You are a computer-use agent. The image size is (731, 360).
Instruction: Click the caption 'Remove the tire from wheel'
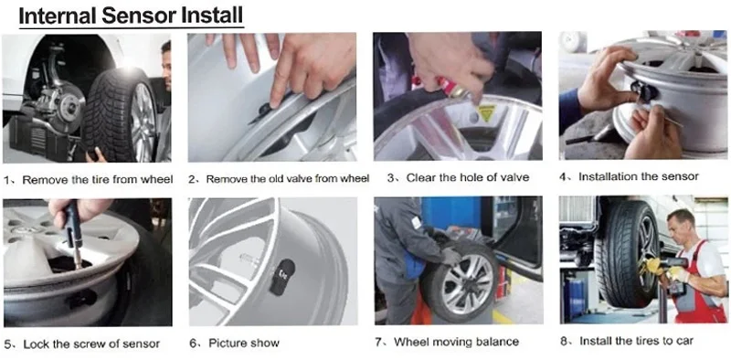(98, 179)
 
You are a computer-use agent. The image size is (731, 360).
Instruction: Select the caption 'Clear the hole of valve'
(468, 177)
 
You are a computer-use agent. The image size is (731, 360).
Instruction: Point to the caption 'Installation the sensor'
(639, 176)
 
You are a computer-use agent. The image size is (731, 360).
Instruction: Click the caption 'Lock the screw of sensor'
(91, 344)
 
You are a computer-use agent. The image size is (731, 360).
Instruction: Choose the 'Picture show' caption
(244, 344)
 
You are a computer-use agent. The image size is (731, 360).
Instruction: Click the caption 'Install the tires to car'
(636, 341)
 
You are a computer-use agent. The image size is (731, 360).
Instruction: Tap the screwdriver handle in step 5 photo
(72, 224)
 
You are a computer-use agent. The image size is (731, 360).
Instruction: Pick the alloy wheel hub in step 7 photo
(468, 283)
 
